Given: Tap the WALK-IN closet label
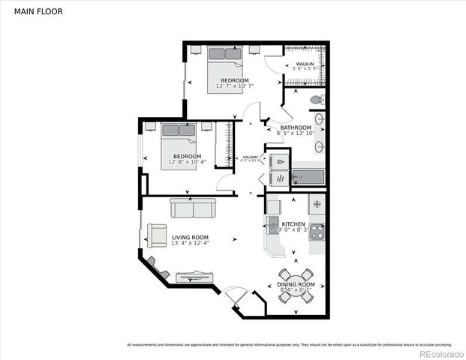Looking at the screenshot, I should pyautogui.click(x=304, y=65).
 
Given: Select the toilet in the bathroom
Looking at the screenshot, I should pyautogui.click(x=318, y=99).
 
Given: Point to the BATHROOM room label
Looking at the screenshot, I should pyautogui.click(x=296, y=127).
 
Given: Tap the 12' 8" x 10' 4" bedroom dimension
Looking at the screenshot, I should pyautogui.click(x=182, y=162).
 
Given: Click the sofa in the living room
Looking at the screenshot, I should pyautogui.click(x=191, y=207).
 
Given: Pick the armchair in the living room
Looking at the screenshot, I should pyautogui.click(x=157, y=235).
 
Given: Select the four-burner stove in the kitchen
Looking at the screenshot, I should pyautogui.click(x=317, y=232).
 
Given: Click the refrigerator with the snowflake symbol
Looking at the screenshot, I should pyautogui.click(x=317, y=204).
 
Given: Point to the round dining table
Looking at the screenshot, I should pyautogui.click(x=293, y=286).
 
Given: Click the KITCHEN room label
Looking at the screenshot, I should pyautogui.click(x=293, y=224).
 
